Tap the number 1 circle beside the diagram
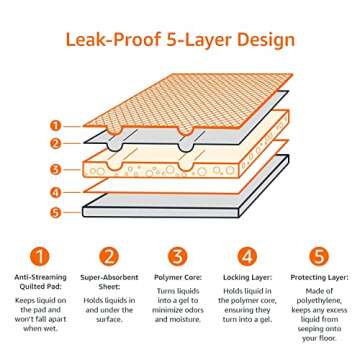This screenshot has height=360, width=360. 56,126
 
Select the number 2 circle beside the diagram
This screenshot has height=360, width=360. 56,143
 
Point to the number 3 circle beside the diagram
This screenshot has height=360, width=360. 56,169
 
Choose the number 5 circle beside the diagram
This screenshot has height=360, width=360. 56,211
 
